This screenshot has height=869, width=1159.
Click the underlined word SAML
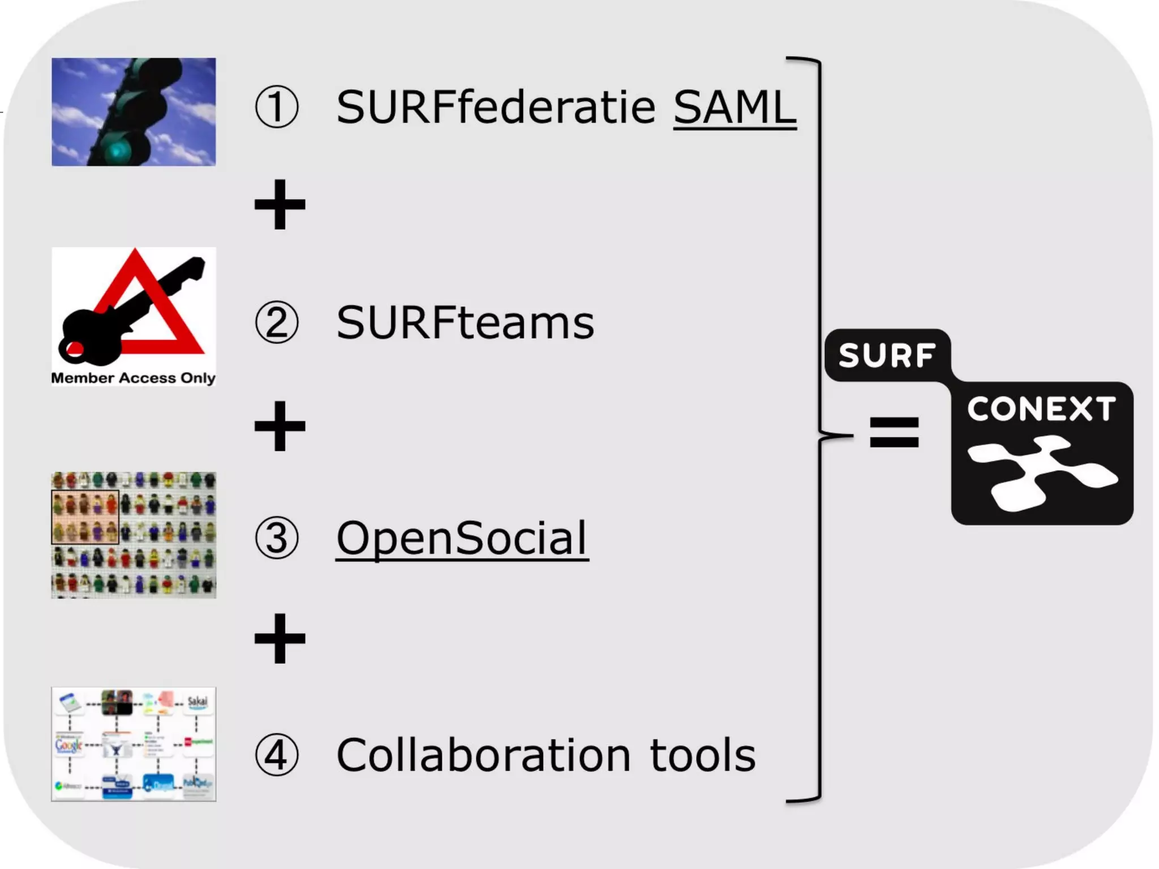coord(735,107)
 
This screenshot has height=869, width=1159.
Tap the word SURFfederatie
coord(496,107)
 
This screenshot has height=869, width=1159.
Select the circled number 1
coord(276,107)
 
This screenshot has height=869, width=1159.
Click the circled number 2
coord(276,322)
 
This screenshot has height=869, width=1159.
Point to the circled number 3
coord(276,538)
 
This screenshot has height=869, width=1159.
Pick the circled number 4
coord(276,755)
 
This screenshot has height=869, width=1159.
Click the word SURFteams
coord(465,322)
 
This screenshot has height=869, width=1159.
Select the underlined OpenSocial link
coord(462,538)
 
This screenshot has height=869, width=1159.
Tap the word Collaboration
coord(483,755)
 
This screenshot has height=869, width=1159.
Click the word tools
coord(702,755)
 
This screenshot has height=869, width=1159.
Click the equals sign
coord(894,432)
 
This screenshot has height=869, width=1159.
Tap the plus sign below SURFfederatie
coord(280,205)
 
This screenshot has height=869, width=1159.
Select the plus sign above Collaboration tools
coord(280,638)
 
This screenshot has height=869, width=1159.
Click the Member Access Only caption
coord(133,378)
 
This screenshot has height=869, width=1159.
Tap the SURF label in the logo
coord(886,355)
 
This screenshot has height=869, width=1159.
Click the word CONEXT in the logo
coord(1041,408)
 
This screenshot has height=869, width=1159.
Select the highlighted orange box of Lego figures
coord(85,517)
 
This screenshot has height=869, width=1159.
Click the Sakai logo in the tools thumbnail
coord(197,702)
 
